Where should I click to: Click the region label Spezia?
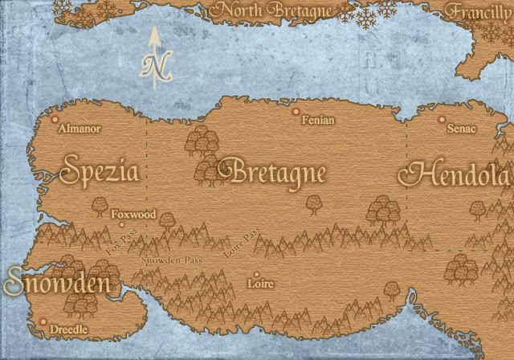100,172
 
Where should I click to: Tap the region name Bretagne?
277,173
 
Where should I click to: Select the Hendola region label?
458,174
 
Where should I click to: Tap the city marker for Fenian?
296,112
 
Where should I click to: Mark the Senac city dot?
441,120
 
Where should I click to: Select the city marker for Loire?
256,274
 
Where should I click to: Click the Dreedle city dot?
43,321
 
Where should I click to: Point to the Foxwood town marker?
122,225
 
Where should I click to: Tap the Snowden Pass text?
171,261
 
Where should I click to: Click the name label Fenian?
317,121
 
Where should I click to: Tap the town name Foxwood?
133,215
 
